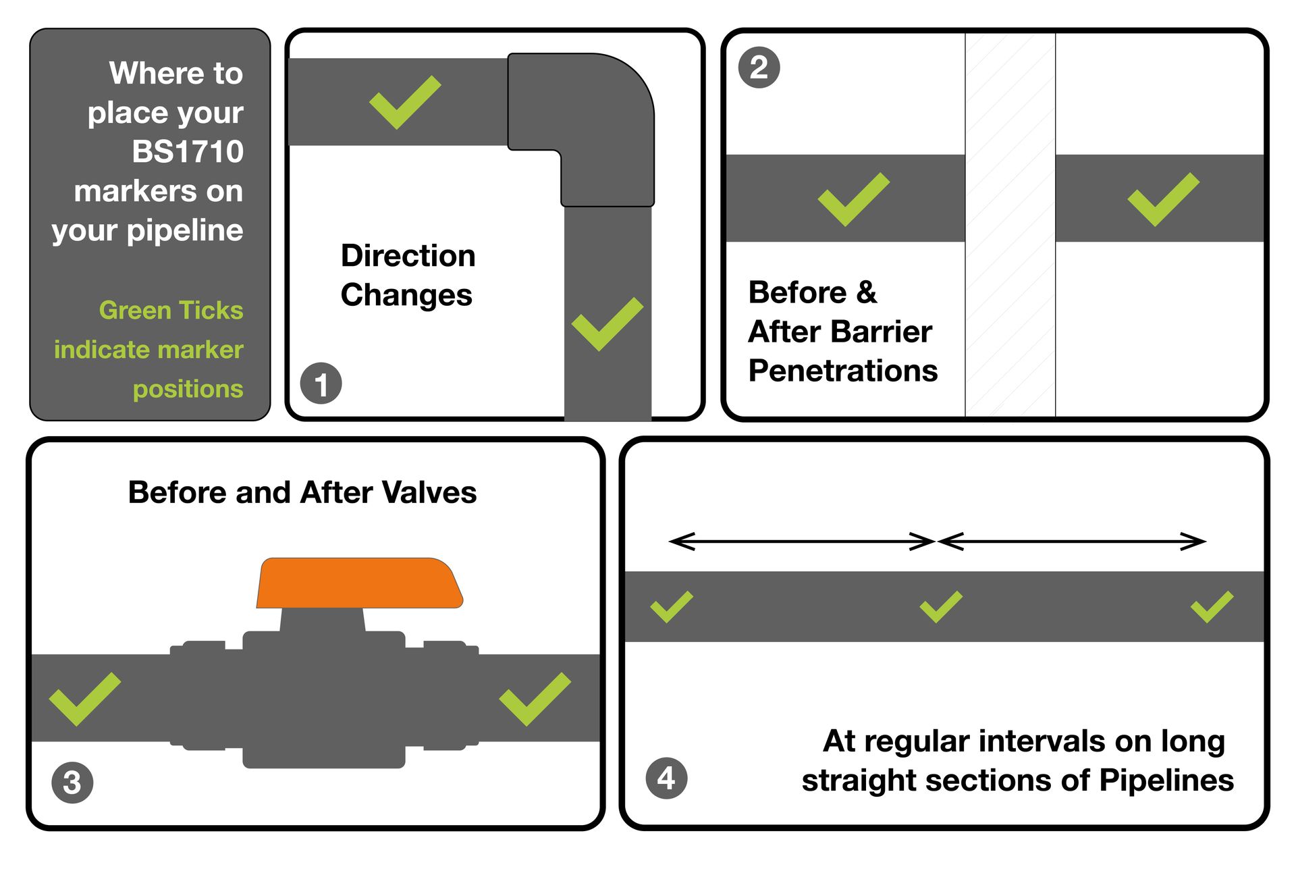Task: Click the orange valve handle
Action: click(x=359, y=583)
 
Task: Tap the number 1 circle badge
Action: click(x=321, y=384)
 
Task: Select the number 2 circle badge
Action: click(x=759, y=68)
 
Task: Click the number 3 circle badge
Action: click(x=72, y=783)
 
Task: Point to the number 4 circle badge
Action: click(x=666, y=778)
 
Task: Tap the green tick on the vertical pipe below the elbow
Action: click(x=606, y=325)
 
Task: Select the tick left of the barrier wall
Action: click(x=853, y=199)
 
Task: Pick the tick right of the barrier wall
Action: click(x=1162, y=199)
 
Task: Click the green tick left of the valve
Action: click(x=84, y=700)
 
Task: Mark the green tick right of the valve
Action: click(x=534, y=700)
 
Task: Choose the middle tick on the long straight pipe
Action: click(x=940, y=607)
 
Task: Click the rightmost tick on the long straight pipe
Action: click(x=1212, y=607)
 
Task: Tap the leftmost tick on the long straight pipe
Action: click(x=671, y=607)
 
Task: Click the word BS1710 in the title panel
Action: click(x=188, y=152)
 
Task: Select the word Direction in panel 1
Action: click(x=408, y=256)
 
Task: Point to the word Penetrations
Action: click(x=843, y=371)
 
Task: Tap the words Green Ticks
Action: click(x=171, y=310)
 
